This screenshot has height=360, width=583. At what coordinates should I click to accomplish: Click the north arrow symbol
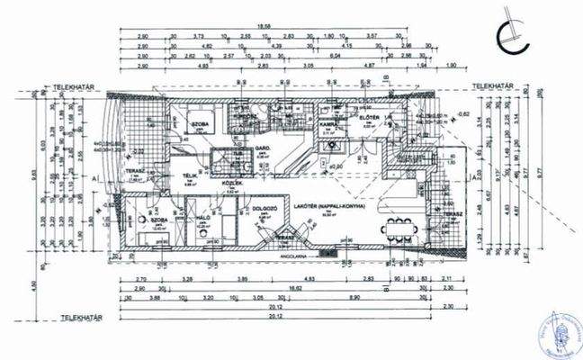(514, 34)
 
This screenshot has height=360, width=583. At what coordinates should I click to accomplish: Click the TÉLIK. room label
(190, 175)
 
